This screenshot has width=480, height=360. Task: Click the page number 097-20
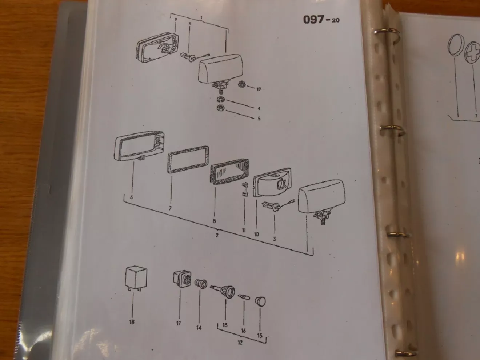pyautogui.click(x=321, y=20)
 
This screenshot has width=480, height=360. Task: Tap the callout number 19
pyautogui.click(x=259, y=89)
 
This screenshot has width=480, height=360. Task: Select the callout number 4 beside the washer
pyautogui.click(x=259, y=108)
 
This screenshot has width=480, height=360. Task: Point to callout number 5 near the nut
pyautogui.click(x=259, y=119)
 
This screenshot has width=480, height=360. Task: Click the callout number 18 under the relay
pyautogui.click(x=132, y=322)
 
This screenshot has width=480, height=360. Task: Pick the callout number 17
pyautogui.click(x=179, y=323)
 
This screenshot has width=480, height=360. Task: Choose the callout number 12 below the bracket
pyautogui.click(x=240, y=343)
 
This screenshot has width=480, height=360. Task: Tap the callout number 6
pyautogui.click(x=131, y=197)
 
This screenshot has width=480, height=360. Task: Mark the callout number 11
pyautogui.click(x=244, y=230)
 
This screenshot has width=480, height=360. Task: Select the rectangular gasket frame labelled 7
pyautogui.click(x=188, y=160)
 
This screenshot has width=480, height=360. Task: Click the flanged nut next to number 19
pyautogui.click(x=242, y=84)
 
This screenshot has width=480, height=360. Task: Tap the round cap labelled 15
pyautogui.click(x=260, y=301)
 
